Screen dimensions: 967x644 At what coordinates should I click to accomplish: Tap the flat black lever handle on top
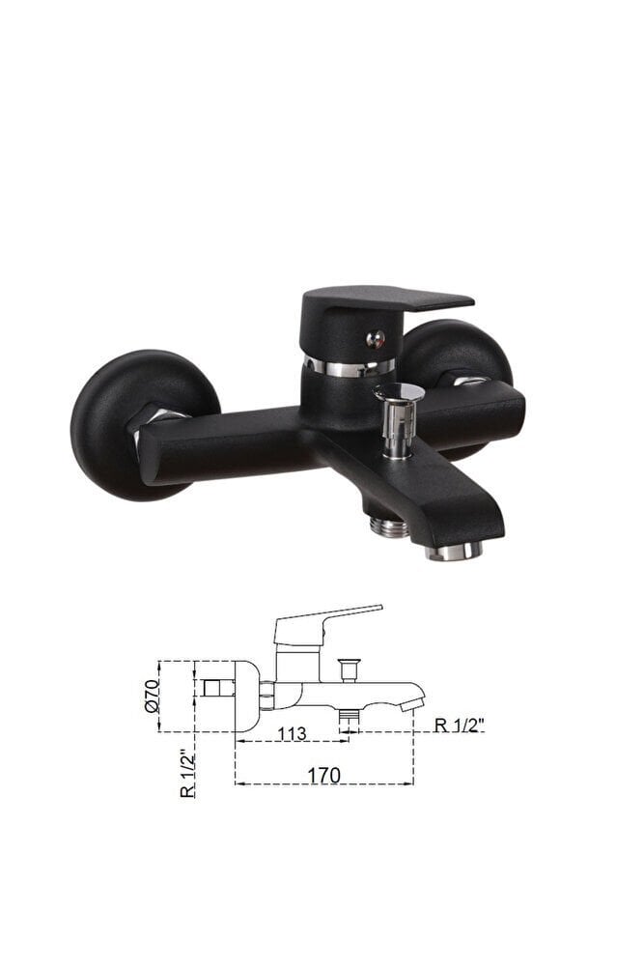coord(386,301)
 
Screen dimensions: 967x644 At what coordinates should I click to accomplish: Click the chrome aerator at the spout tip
coord(453,551)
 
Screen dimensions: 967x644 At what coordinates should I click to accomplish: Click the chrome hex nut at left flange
coord(160,426)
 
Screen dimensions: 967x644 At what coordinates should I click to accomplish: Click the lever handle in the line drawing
coord(328,619)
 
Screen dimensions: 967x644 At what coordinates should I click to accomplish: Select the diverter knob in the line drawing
coord(349,667)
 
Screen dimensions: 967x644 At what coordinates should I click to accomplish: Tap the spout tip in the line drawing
coord(412,702)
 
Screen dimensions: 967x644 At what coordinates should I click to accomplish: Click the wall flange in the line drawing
coord(245,696)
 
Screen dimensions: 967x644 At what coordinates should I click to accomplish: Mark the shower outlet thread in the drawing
coord(349,719)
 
